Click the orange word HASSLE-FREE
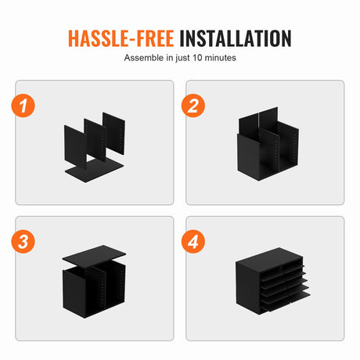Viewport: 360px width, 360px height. click(121, 38)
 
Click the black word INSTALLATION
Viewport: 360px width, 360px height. click(236, 38)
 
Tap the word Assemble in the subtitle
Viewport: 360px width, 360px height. click(144, 58)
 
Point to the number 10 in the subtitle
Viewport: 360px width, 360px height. click(197, 58)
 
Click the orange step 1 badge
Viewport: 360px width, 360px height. click(23, 106)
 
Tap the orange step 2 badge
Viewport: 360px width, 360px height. click(193, 106)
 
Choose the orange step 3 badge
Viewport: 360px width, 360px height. click(23, 241)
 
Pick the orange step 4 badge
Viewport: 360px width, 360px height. click(193, 241)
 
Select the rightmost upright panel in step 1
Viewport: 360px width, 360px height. click(114, 133)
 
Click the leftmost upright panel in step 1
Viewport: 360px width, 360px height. click(75, 147)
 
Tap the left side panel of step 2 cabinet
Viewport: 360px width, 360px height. click(248, 157)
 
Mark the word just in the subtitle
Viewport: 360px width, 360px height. click(182, 58)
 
